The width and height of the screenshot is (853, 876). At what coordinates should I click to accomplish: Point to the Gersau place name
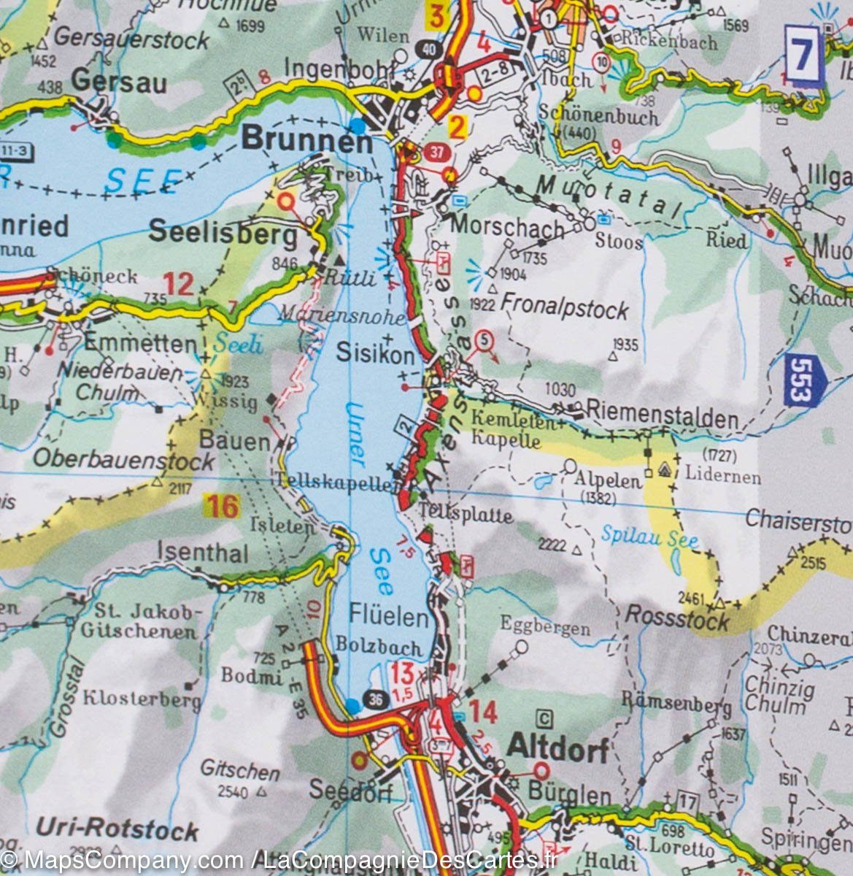coord(119,82)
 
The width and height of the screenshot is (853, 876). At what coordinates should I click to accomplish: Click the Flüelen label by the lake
coord(387,618)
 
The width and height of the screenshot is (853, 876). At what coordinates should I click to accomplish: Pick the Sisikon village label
coord(375,353)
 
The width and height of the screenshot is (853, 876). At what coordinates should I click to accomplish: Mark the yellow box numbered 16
coord(221,505)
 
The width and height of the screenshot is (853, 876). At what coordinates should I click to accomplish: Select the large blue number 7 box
coord(804,54)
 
